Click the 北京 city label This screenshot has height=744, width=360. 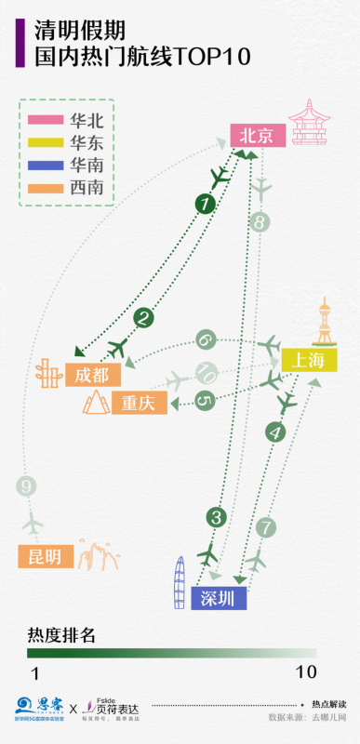tap(257, 135)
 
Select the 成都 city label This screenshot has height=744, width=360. tap(92, 376)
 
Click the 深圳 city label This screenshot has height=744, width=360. tap(219, 599)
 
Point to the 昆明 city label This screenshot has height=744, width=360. tap(45, 556)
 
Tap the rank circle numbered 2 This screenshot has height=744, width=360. tap(143, 318)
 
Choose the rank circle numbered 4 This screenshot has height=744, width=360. tap(273, 432)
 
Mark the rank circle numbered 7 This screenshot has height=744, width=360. tap(266, 527)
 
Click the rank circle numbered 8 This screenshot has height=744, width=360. tap(260, 222)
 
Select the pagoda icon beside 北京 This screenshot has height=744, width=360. tap(309, 123)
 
